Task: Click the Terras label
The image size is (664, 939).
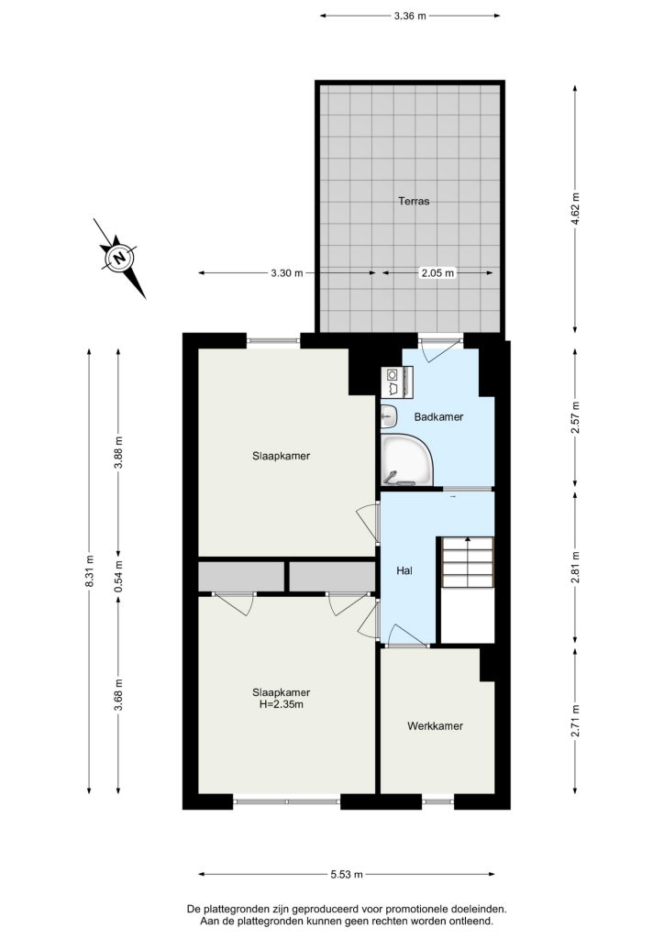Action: [x=414, y=201]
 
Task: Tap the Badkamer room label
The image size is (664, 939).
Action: [x=438, y=417]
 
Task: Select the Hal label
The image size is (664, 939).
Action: [x=404, y=570]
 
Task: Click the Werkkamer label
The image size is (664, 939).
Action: [x=436, y=726]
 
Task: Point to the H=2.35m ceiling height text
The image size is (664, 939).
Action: [x=281, y=705]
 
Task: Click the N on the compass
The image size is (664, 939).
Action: [x=120, y=258]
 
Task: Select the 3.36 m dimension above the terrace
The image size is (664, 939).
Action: [x=410, y=17]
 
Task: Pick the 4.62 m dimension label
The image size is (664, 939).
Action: [x=576, y=209]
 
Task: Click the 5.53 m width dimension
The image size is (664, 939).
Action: [x=347, y=874]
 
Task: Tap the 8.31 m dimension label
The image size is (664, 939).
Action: [x=90, y=571]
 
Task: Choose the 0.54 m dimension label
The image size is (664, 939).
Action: [x=118, y=575]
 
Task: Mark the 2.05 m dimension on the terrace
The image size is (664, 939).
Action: [x=437, y=273]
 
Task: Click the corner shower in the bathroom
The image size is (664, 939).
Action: [x=406, y=460]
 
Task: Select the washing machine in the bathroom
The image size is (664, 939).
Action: [x=396, y=381]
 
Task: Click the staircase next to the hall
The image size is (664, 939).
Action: [x=468, y=562]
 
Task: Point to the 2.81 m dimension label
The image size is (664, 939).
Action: [x=576, y=567]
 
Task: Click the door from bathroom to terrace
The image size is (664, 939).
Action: [x=440, y=349]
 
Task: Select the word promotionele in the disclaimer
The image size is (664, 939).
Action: [x=394, y=909]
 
